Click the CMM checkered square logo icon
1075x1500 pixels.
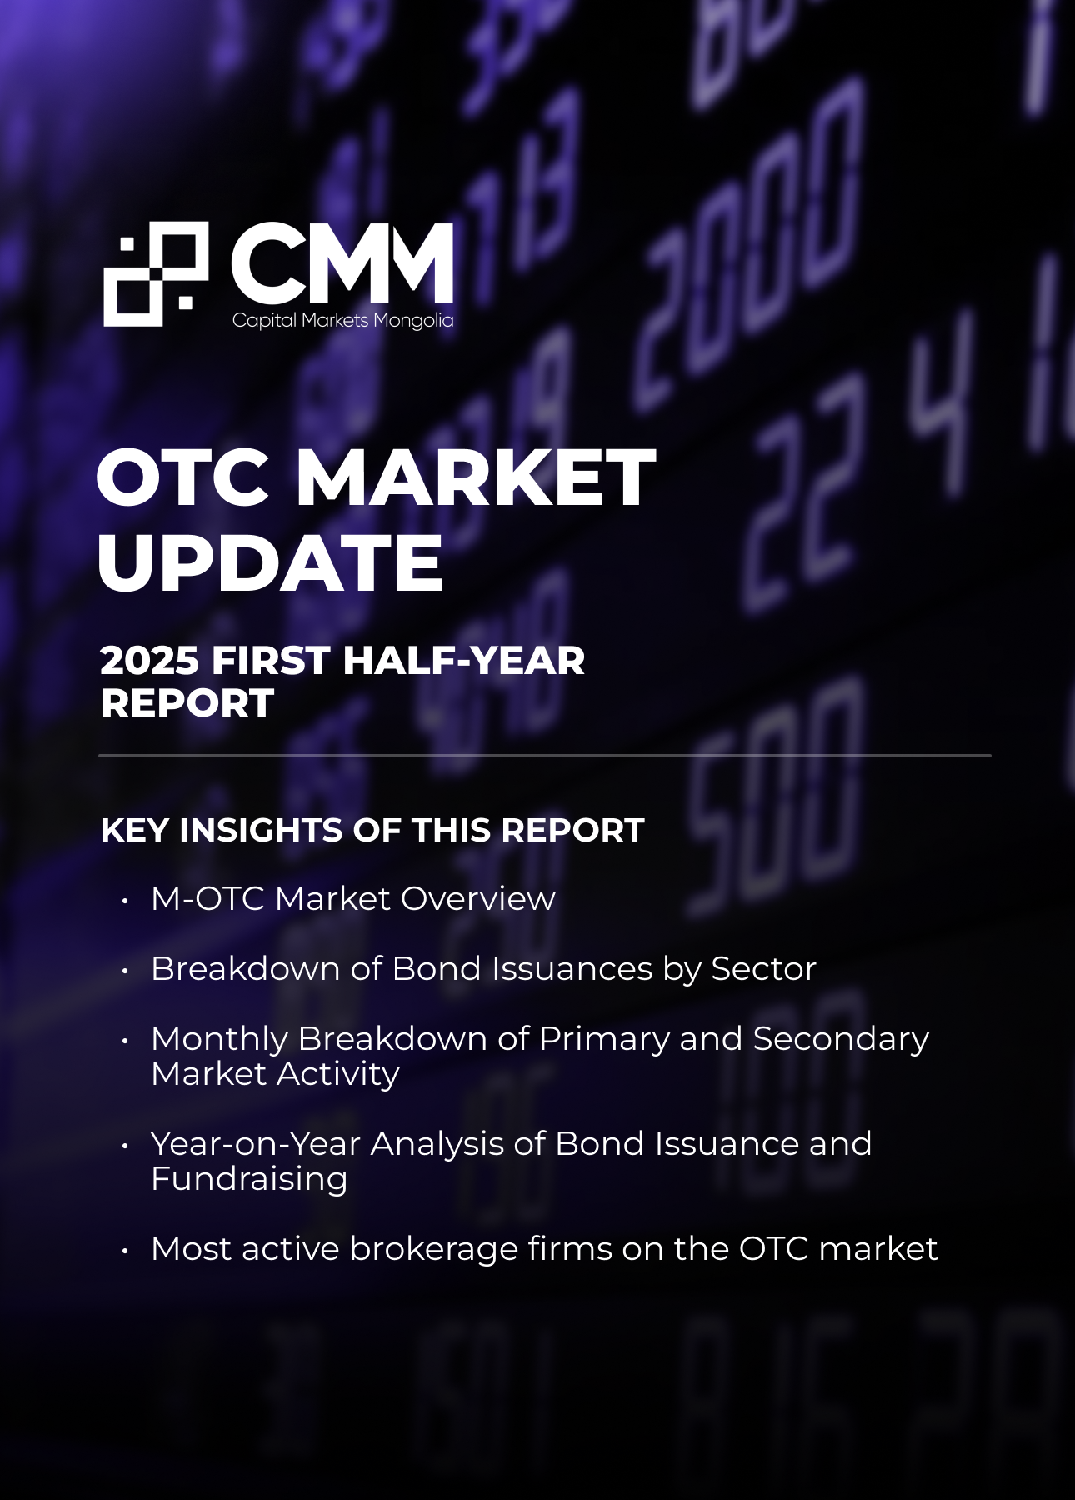click(x=156, y=274)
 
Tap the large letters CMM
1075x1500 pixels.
click(x=342, y=263)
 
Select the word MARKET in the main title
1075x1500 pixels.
click(x=475, y=477)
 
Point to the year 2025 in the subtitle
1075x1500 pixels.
click(x=150, y=661)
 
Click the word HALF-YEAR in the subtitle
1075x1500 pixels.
click(x=463, y=661)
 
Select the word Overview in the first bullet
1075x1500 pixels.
click(x=478, y=898)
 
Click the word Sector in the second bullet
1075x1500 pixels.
click(x=763, y=968)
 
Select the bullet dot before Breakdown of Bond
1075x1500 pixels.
click(x=125, y=971)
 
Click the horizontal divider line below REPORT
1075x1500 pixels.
click(x=545, y=756)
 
